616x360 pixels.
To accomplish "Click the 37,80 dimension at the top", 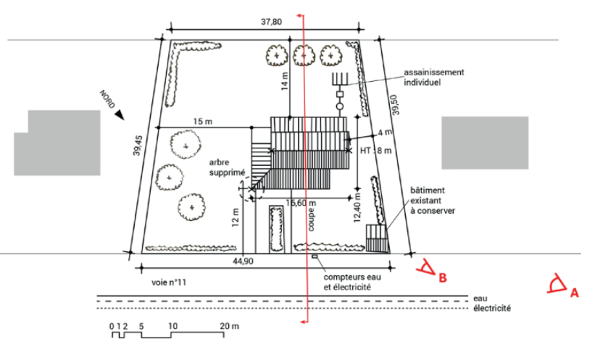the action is (271, 22).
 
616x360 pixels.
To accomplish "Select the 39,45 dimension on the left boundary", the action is (137, 146).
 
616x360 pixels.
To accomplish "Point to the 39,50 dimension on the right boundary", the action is (395, 105).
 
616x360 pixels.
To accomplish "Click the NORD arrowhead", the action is (120, 114).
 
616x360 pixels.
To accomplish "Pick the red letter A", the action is (575, 293).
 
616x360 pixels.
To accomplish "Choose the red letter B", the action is (443, 278).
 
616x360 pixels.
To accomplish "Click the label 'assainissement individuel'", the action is (433, 78).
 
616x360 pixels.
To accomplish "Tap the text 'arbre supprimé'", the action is (227, 167).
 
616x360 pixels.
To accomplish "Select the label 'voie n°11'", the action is (169, 282).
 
